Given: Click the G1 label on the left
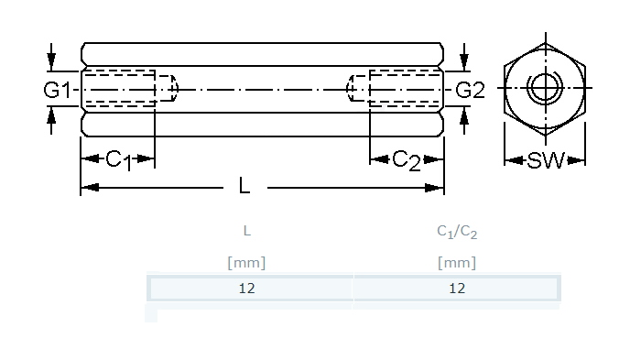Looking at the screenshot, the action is click(x=57, y=90).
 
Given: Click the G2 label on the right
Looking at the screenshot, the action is click(x=470, y=90).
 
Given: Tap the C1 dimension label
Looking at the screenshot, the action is click(x=118, y=160).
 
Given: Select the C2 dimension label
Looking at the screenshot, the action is click(x=407, y=160).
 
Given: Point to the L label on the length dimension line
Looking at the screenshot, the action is click(x=244, y=186).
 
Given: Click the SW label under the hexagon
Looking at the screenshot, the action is click(x=545, y=160).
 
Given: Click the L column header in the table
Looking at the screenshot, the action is click(x=247, y=231).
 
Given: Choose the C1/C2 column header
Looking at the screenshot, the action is click(x=457, y=232).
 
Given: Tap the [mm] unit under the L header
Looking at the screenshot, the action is click(x=246, y=263).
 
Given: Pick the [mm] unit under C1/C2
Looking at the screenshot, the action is click(x=457, y=263).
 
